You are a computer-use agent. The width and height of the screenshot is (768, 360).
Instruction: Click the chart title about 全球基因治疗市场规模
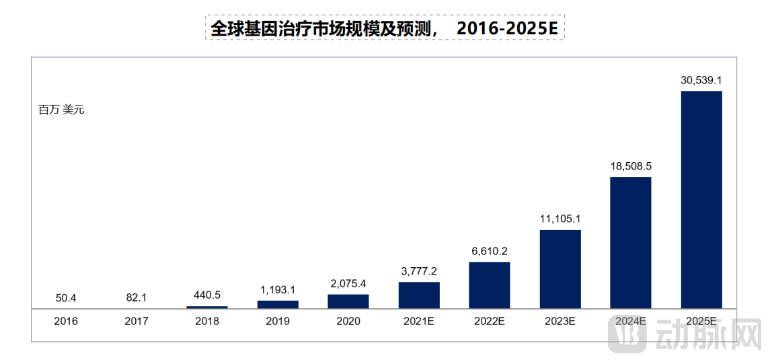pos(385,28)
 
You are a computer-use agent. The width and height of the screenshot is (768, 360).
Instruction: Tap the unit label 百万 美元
pos(61,110)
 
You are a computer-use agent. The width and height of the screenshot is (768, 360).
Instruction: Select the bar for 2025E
pos(701,200)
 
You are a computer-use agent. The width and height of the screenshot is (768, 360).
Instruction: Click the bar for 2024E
pos(630,243)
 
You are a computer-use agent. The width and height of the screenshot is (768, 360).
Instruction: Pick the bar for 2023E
pos(560,269)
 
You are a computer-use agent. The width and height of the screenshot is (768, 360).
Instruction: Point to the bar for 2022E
pos(489,285)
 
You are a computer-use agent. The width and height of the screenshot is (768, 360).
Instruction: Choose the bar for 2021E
pos(419,295)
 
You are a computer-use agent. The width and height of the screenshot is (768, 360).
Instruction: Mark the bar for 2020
pos(348,301)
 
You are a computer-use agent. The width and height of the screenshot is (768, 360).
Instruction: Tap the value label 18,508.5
pos(630,166)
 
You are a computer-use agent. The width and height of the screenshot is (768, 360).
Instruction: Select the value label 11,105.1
pos(560,219)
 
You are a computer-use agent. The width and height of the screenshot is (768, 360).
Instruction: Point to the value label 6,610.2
pos(489,251)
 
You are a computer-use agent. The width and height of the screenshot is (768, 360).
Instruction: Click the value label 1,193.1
pos(278,290)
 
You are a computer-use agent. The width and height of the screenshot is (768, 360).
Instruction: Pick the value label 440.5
pos(207,295)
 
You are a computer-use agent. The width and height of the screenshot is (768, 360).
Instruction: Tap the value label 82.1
pos(137,297)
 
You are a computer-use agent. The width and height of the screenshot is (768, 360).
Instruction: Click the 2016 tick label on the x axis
pos(66,322)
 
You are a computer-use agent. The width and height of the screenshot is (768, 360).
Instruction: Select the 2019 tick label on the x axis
pos(278,322)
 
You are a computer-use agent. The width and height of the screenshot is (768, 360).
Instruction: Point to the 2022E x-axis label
pos(489,322)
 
